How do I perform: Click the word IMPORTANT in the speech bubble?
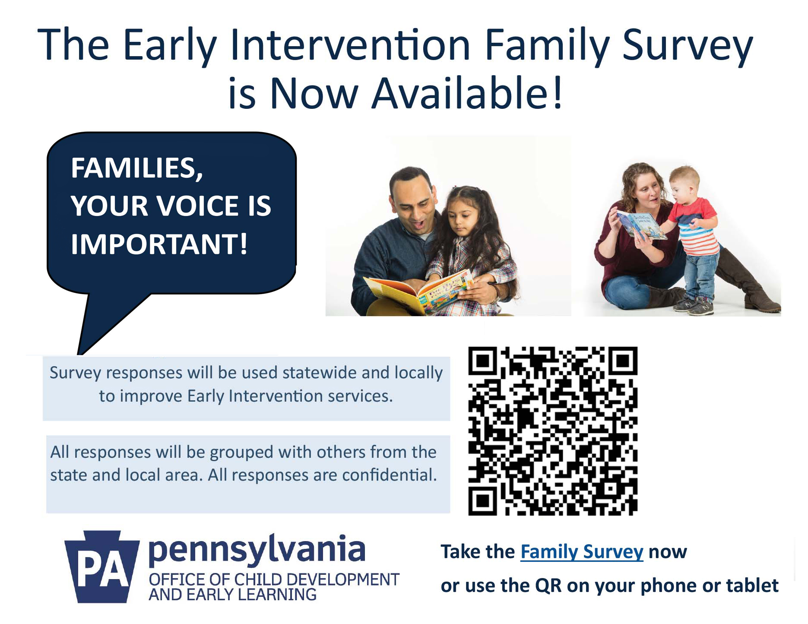(x=155, y=244)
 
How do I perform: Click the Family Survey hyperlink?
(x=582, y=552)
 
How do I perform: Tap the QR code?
(x=553, y=431)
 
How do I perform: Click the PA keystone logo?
(x=102, y=566)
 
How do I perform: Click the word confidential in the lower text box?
(x=389, y=475)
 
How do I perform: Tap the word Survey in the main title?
(x=688, y=45)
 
